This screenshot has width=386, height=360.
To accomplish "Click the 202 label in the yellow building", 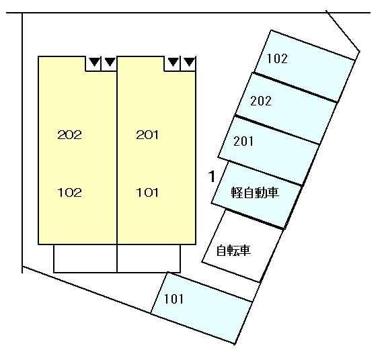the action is point(69,135).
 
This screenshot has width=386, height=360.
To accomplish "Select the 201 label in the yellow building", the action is point(147,135).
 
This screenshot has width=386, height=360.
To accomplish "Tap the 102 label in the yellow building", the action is point(69,192).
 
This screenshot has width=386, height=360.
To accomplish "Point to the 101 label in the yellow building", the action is point(147,192).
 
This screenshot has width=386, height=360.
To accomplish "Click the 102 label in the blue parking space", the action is point(278,59).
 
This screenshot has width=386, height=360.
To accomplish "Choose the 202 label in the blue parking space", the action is point(261,101).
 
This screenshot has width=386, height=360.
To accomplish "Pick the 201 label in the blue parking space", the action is point(243,142).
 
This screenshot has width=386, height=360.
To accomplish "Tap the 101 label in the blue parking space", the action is point(173,299).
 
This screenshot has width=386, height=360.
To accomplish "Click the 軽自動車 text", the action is point(255,192).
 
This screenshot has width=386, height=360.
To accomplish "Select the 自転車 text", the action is point(233,251).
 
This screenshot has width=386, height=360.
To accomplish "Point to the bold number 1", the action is point(212,177).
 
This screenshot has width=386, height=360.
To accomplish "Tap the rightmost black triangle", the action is point(190,62).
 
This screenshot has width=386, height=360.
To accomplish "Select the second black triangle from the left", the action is point(110,62).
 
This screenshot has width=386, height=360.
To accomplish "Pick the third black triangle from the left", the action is point(173,62).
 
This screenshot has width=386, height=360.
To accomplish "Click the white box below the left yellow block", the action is point(85,259).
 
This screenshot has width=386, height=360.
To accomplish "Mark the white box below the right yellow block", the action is point(149,259).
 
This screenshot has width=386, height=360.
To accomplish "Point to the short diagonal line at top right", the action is point(343,31).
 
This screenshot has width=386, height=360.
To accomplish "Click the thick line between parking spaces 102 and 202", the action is point(295,87).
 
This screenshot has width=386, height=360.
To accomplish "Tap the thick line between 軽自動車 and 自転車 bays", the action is point(255,219).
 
